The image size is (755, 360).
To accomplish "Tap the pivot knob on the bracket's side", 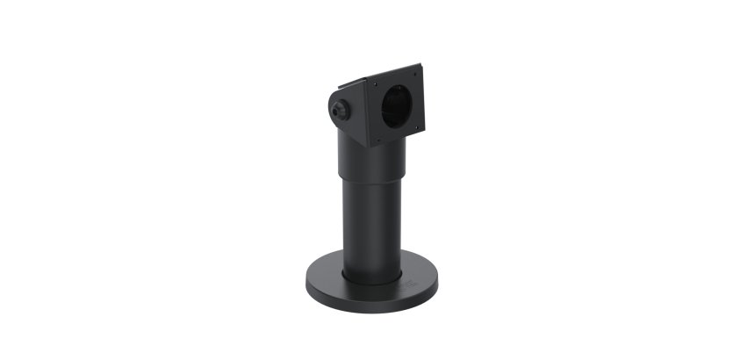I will coord(340,111).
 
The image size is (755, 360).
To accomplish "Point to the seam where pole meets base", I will coord(372,279).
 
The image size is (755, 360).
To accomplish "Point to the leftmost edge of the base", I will coord(305,277).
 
